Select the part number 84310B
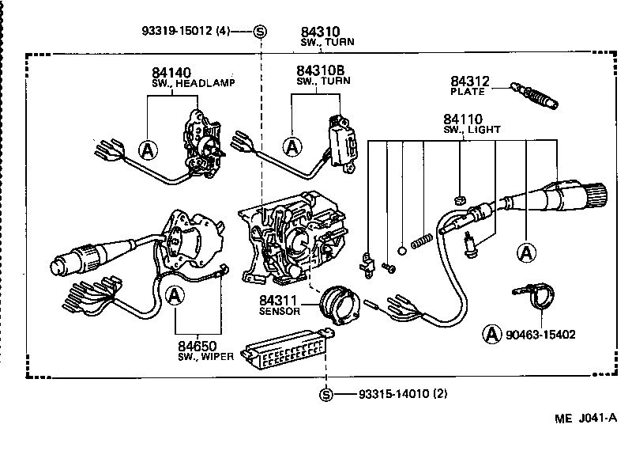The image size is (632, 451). coord(320,70)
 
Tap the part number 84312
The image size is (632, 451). coord(470,81)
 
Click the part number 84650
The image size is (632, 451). coord(197,347)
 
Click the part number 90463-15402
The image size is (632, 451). coord(541,335)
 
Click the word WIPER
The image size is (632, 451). coord(216,357)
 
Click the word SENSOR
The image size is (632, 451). coord(279,312)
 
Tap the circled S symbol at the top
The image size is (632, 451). coord(260,32)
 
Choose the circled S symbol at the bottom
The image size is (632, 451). coord(326,394)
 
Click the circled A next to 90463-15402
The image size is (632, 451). coord(491,334)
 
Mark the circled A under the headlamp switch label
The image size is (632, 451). coord(147,147)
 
